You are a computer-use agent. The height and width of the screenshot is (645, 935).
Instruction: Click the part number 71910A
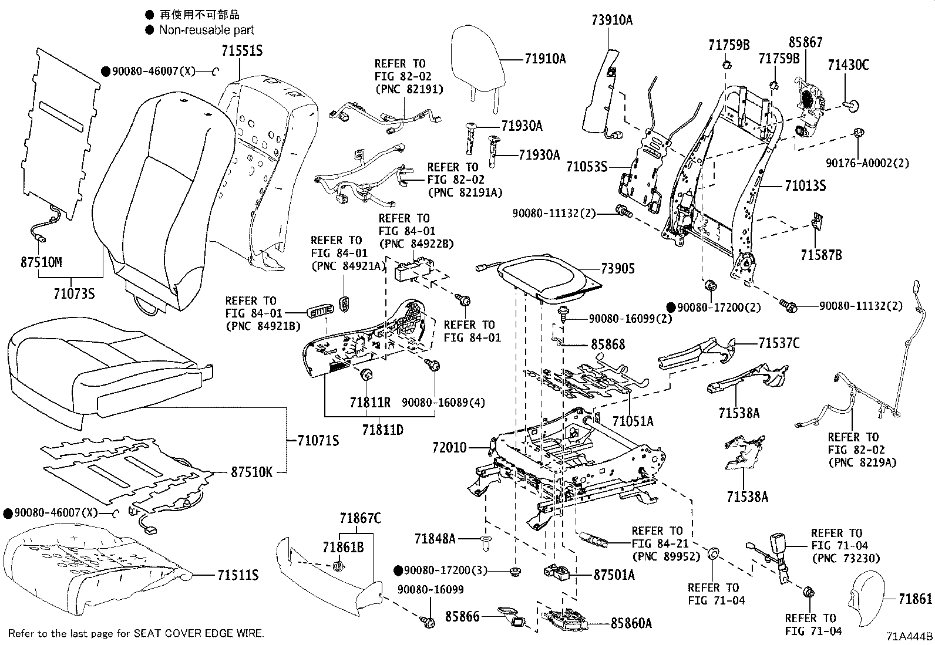pyautogui.click(x=545, y=59)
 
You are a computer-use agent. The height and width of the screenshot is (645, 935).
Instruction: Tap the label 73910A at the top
pyautogui.click(x=612, y=21)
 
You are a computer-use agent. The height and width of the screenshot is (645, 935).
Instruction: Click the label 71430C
pyautogui.click(x=848, y=65)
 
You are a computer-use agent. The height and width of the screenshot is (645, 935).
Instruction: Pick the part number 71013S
pyautogui.click(x=805, y=186)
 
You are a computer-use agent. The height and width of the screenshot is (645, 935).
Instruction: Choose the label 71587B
pyautogui.click(x=821, y=255)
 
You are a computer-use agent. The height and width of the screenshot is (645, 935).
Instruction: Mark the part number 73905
pyautogui.click(x=618, y=269)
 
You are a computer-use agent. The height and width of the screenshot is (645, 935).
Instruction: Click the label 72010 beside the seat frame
pyautogui.click(x=449, y=448)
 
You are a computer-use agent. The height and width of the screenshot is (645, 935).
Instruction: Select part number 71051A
pyautogui.click(x=633, y=421)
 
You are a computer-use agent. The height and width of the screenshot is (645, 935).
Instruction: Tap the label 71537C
pyautogui.click(x=779, y=343)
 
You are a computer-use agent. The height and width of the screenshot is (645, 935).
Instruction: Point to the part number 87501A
pyautogui.click(x=614, y=575)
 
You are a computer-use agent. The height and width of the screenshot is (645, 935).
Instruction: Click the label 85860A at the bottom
pyautogui.click(x=631, y=623)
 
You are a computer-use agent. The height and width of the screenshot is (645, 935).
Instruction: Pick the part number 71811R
pyautogui.click(x=370, y=402)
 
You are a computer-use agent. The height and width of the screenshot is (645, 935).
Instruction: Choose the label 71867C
pyautogui.click(x=360, y=518)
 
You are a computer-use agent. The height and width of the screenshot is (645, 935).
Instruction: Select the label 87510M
pyautogui.click(x=41, y=262)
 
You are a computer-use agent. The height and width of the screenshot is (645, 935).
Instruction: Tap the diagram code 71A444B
pyautogui.click(x=909, y=636)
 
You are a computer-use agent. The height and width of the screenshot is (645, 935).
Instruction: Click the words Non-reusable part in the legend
pyautogui.click(x=207, y=30)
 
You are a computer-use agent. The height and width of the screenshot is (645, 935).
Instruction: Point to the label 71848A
pyautogui.click(x=435, y=538)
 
